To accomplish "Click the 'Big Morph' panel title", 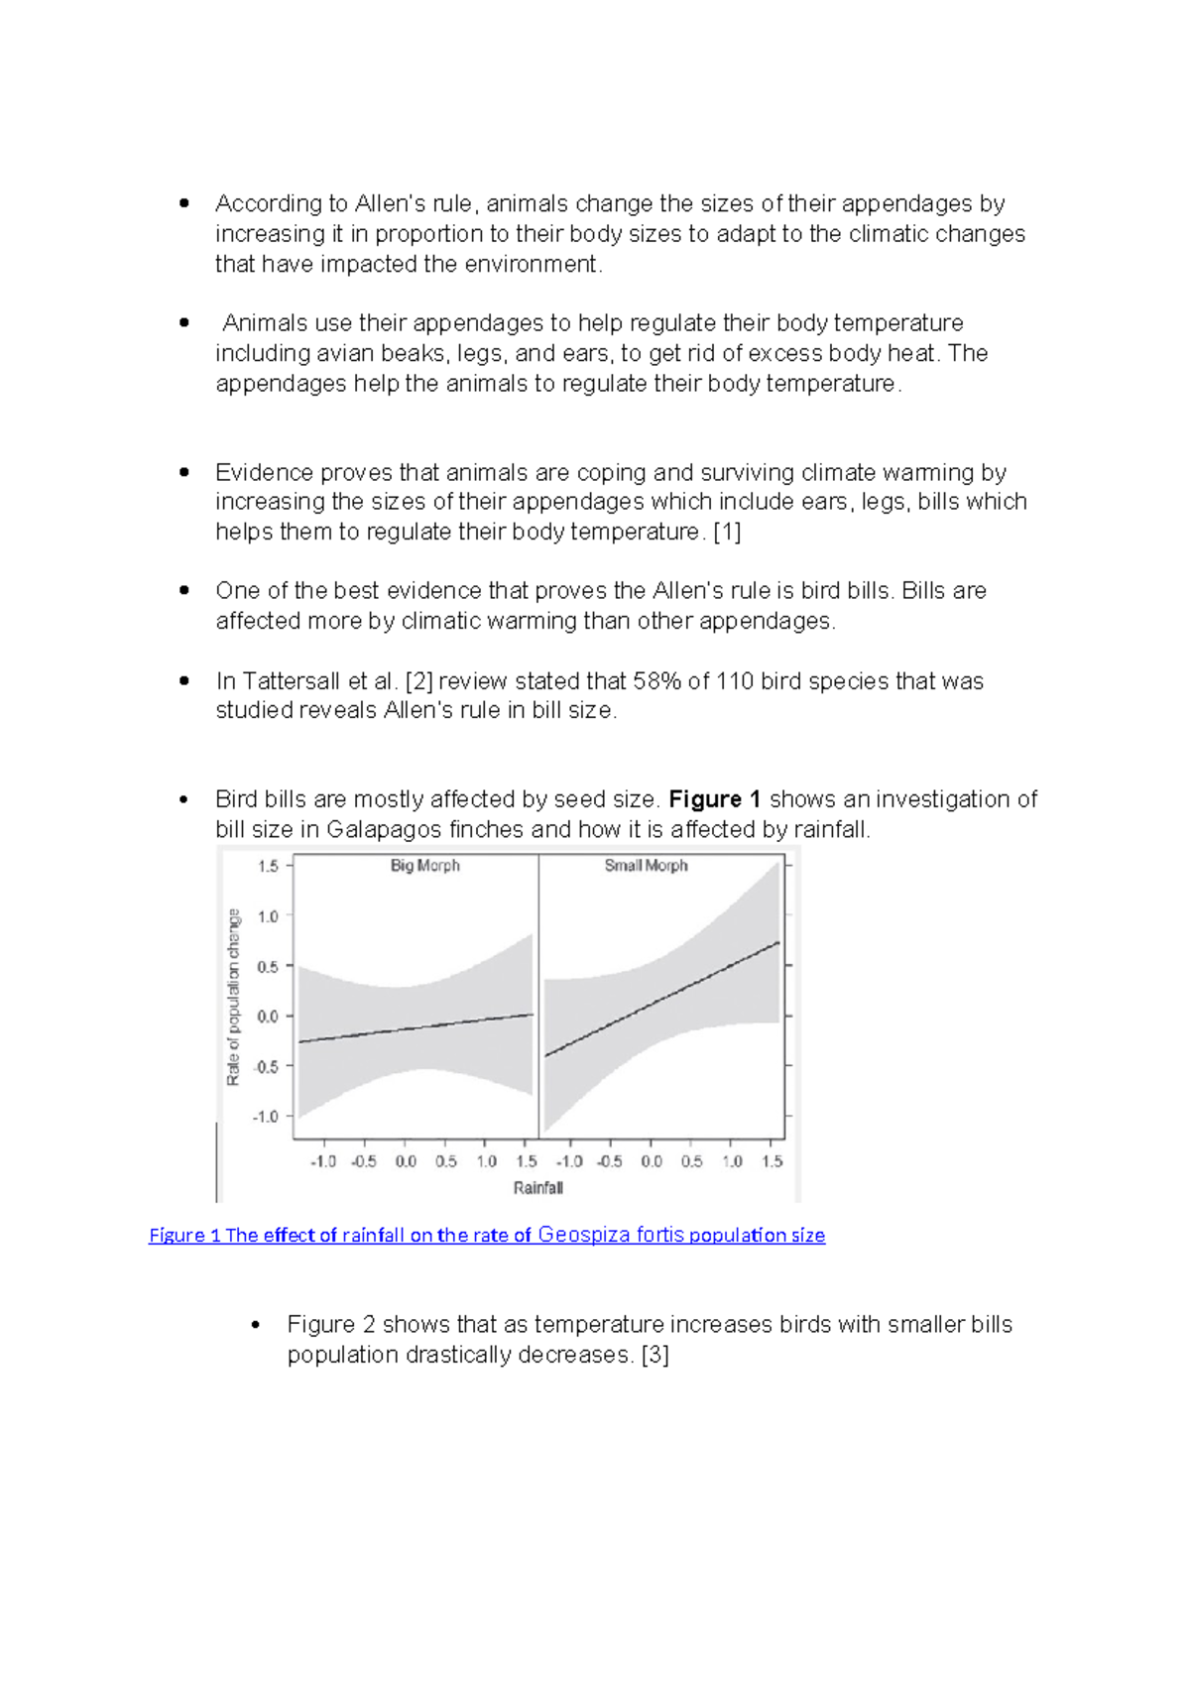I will click(x=424, y=866).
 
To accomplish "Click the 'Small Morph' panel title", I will click(x=646, y=866).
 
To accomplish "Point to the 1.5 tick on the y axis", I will click(x=268, y=867).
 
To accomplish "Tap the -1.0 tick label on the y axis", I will click(x=266, y=1117).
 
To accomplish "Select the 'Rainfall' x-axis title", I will click(x=537, y=1188).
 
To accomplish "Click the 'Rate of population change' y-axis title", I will click(x=234, y=997).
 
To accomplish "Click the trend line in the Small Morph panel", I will click(x=662, y=999).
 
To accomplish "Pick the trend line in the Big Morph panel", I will click(x=416, y=1028).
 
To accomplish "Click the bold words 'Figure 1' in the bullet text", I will click(x=714, y=799).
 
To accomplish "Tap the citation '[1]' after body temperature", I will click(x=727, y=533).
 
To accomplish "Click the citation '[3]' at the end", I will click(x=654, y=1355).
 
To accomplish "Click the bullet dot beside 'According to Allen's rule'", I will click(x=183, y=203).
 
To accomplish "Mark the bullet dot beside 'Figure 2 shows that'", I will click(x=256, y=1325).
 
